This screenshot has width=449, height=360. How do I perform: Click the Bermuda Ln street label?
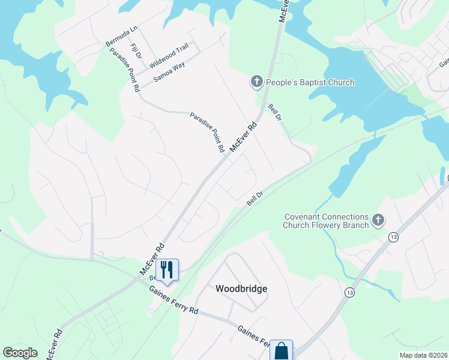coord(122,35)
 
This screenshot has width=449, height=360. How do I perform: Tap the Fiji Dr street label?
coord(135,51)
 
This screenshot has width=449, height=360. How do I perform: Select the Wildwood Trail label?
coord(169,55)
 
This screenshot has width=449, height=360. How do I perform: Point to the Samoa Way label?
coord(169,71)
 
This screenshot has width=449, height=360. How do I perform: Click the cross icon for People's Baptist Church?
coord(256,81)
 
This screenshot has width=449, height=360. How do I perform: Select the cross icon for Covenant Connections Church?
coord(378,220)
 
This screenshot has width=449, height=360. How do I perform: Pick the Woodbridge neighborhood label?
coord(241,289)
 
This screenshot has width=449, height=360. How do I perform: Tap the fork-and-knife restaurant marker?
coord(167,269)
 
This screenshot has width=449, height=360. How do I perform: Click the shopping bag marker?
coord(281,350)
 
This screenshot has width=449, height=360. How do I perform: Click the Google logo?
coord(20,353)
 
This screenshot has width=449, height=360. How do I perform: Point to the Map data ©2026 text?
coord(424,355)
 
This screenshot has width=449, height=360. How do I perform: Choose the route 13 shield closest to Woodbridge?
coord(350,292)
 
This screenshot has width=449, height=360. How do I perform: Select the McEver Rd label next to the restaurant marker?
coord(152,259)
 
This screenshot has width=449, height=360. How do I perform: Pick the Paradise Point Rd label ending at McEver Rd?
coord(207,131)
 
